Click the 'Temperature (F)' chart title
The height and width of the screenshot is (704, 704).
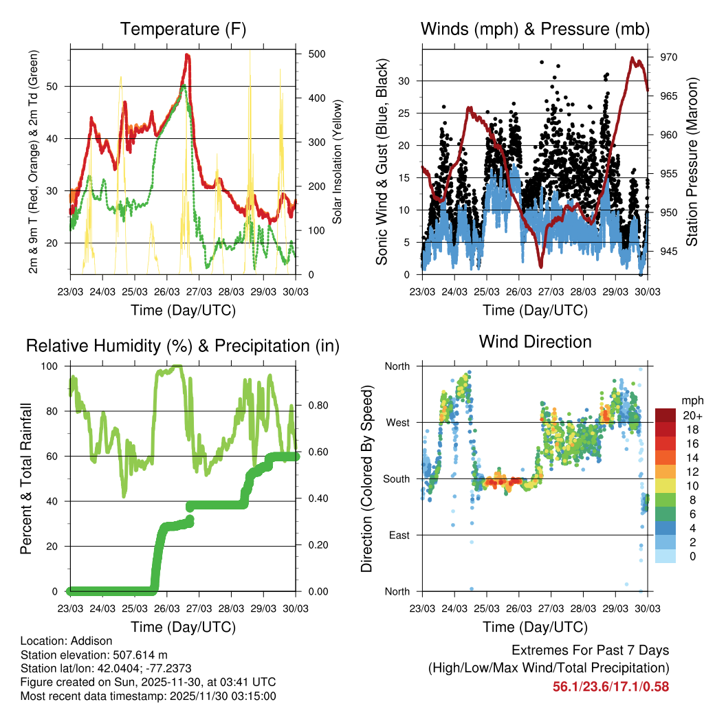coord(183,29)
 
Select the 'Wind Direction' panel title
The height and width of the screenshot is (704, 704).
coord(535,341)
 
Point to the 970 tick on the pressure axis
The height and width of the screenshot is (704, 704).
coord(668,57)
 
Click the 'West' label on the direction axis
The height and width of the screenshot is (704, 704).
coord(397,422)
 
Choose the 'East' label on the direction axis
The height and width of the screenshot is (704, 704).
coord(398,535)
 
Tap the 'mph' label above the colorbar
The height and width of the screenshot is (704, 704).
coord(690,400)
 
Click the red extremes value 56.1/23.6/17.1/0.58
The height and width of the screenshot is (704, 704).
coord(610,686)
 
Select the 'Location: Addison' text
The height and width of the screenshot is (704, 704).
coord(66,641)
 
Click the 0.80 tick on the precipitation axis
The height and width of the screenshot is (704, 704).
coord(316,405)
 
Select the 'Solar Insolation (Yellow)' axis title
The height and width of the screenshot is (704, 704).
coord(338,162)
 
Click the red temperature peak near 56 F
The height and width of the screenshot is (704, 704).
coord(187,55)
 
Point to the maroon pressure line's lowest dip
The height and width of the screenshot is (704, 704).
coord(541,265)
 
